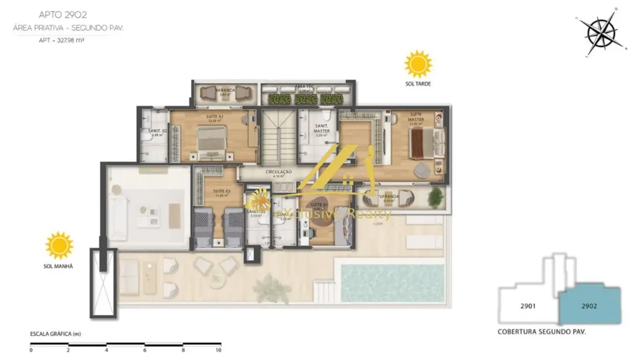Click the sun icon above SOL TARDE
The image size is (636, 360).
418,64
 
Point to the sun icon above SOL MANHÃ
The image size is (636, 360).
59,246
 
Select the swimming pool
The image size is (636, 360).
393,282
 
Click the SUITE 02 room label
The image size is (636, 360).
214,116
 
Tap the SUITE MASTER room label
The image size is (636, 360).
416,119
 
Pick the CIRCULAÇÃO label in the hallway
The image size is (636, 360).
278,172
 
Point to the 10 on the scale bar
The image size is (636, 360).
218,350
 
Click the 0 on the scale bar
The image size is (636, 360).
31,350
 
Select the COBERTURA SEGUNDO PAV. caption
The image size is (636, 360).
542,331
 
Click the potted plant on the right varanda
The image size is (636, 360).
436,195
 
